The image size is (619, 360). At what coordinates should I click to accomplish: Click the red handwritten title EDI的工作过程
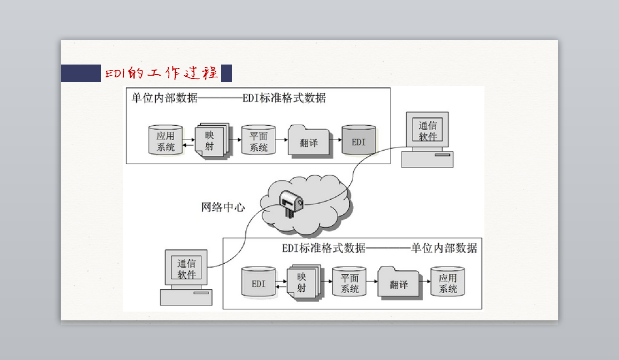161,73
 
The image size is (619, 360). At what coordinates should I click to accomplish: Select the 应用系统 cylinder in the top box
165,140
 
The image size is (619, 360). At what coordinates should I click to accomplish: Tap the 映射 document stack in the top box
212,141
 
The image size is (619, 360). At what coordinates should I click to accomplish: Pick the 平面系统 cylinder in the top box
259,140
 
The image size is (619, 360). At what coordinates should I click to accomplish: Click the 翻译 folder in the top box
309,141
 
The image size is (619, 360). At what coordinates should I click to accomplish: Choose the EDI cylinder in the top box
359,140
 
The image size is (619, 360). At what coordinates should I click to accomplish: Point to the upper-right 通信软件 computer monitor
427,130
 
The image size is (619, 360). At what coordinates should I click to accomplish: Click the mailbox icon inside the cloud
291,203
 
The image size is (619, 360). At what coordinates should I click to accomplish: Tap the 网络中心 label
223,207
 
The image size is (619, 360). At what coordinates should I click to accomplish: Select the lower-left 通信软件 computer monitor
186,268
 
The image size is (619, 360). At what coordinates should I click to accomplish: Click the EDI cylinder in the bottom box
259,282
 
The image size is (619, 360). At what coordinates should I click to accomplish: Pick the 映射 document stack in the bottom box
304,282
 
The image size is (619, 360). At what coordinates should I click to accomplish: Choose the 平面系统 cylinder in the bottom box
349,282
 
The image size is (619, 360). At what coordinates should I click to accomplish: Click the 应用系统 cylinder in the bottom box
447,282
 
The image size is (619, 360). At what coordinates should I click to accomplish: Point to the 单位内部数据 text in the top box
165,97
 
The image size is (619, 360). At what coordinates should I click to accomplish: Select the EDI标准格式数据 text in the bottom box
324,248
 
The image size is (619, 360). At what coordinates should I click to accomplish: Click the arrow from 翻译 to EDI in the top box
335,140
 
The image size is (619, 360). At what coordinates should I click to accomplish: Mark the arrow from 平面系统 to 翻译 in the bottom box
372,282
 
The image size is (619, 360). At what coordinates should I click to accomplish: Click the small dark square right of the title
226,73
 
